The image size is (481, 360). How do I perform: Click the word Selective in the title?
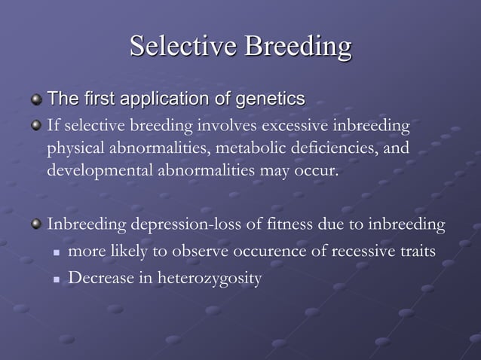pos(179,46)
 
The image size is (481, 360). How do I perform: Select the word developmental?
pos(100,171)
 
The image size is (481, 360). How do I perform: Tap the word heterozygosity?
pos(202,279)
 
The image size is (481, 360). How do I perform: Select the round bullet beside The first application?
pos(35,99)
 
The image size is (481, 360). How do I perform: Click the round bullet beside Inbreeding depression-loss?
pos(35,225)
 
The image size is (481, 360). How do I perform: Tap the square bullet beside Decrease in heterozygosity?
pos(57,279)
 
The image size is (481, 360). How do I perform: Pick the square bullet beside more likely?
pos(57,252)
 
